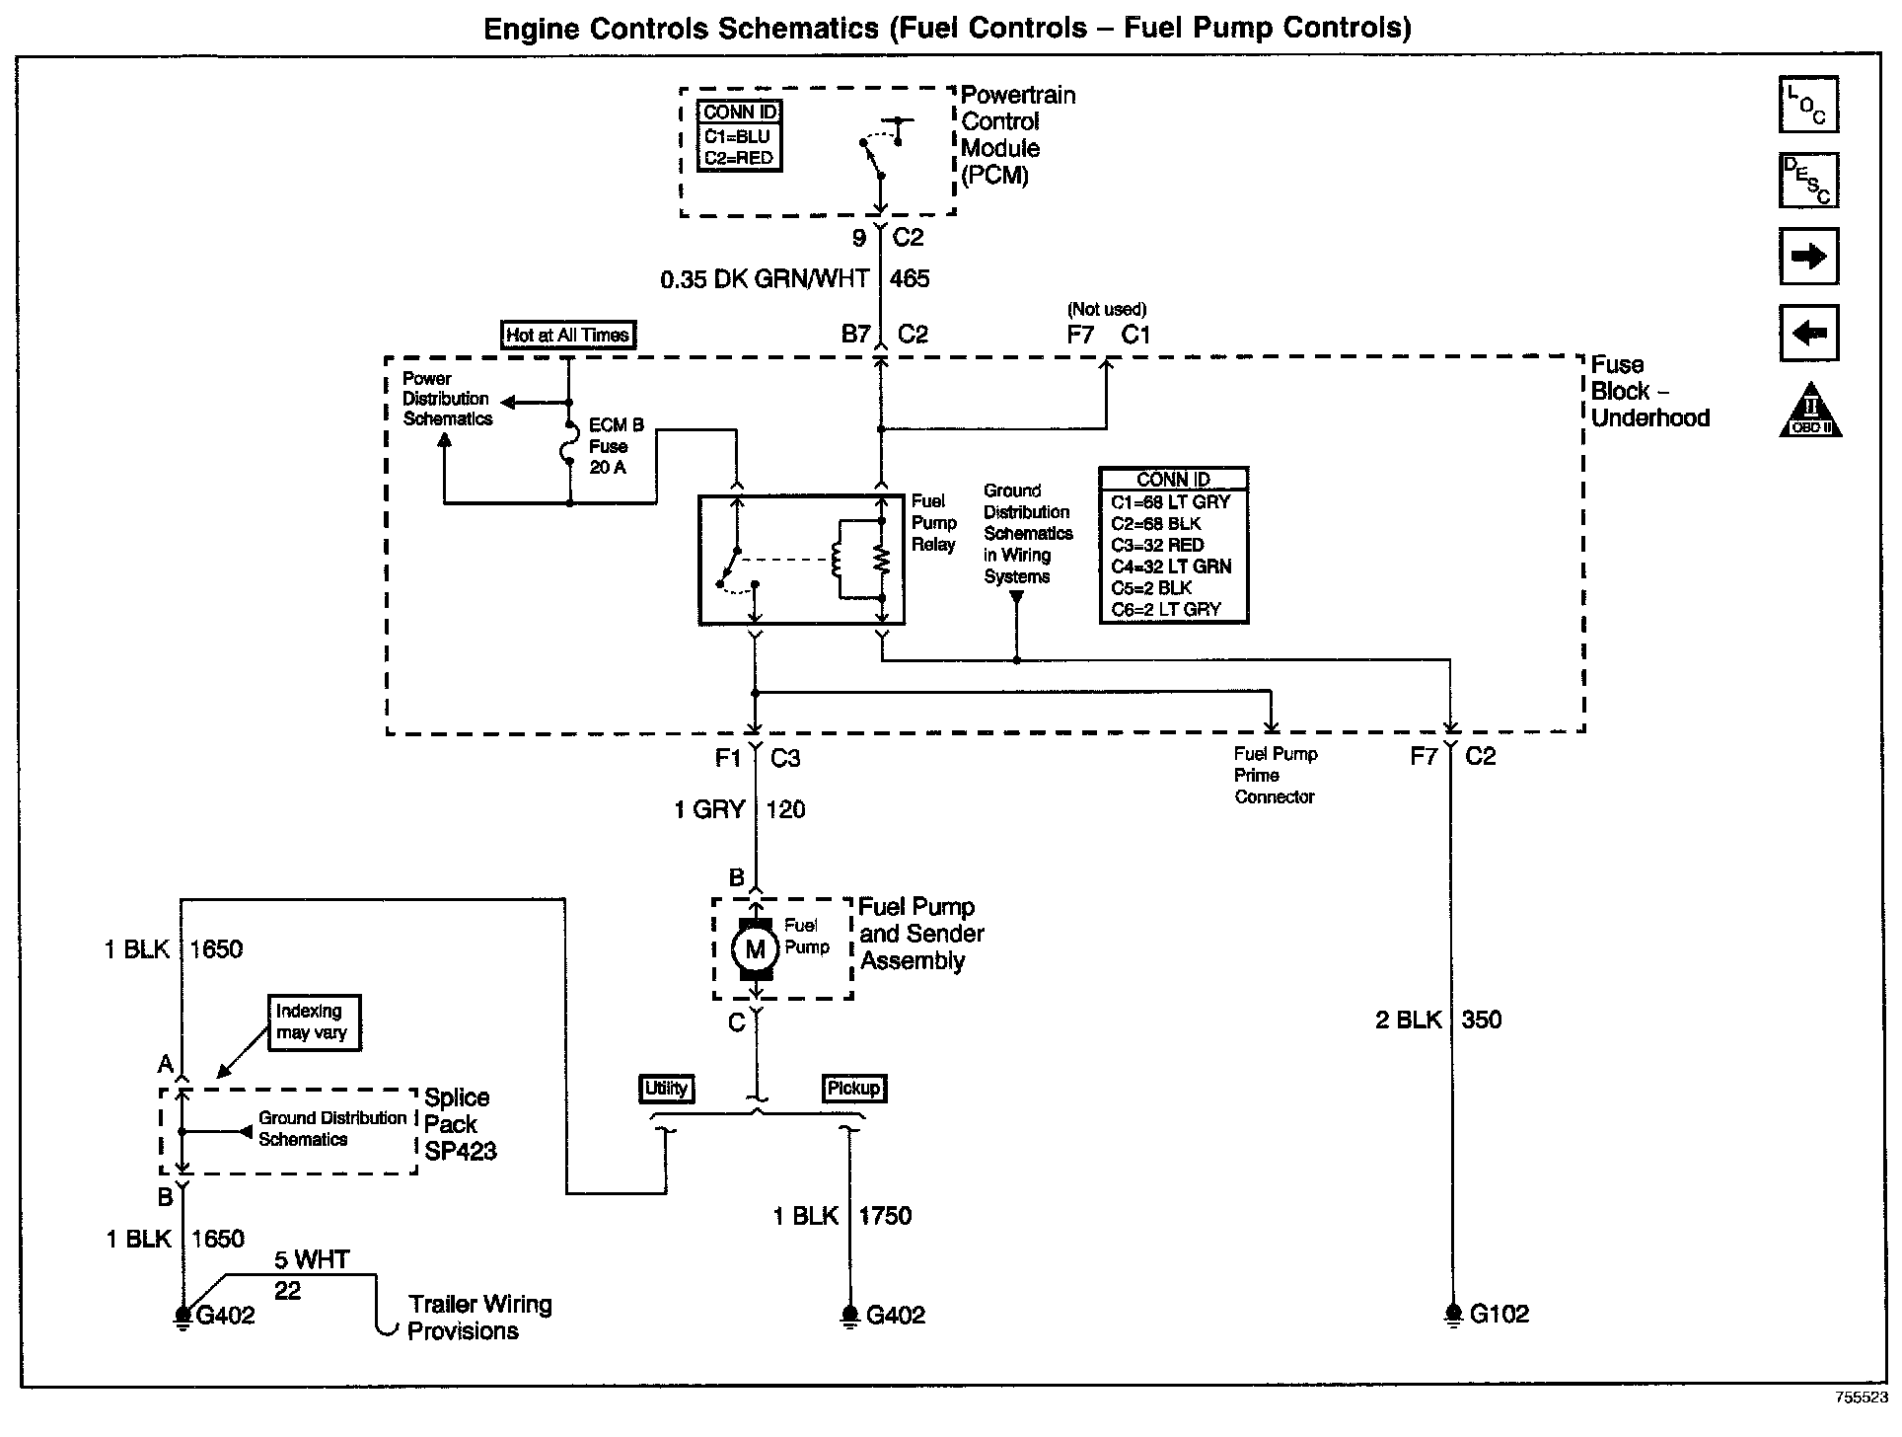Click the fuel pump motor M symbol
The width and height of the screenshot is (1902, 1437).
pos(756,949)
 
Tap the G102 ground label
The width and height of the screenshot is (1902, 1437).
pos(1500,1314)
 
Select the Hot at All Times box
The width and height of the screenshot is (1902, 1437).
pos(567,335)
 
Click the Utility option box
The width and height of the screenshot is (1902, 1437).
pos(667,1088)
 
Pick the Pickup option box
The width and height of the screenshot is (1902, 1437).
pos(853,1088)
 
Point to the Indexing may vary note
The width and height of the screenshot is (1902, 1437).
pos(311,1021)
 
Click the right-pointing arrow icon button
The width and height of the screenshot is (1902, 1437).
pos(1808,257)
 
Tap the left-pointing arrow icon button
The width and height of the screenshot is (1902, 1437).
pos(1808,333)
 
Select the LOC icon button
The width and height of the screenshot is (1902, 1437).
pos(1808,105)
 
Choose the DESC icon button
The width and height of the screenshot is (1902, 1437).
pos(1808,181)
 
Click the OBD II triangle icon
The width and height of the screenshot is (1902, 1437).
pos(1810,410)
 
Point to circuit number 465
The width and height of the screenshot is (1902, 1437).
pos(910,279)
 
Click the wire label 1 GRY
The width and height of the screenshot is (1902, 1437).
pos(709,809)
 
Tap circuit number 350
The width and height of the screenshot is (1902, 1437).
pos(1482,1020)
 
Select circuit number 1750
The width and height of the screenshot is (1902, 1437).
pos(885,1216)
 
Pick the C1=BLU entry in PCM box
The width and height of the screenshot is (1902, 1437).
pos(737,136)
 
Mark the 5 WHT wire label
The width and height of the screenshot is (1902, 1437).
pos(312,1259)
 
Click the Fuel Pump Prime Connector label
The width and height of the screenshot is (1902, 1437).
pos(1276,775)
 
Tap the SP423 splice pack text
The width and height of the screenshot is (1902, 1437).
pos(461,1151)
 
